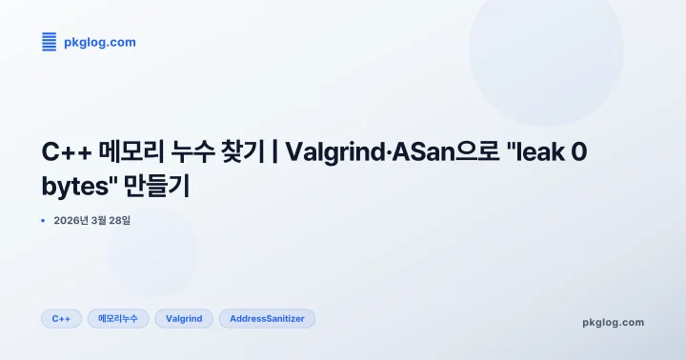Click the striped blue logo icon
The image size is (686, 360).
tap(50, 42)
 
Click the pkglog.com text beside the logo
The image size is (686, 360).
tap(99, 42)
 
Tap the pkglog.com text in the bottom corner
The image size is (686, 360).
tap(613, 322)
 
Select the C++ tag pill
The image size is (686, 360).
tap(61, 318)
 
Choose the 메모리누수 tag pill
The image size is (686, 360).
tap(118, 318)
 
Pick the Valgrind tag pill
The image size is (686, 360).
tap(184, 318)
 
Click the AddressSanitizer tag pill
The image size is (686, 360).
tap(267, 318)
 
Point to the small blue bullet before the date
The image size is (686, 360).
tap(43, 220)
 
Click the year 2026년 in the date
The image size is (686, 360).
tap(71, 220)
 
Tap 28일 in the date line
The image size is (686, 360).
tap(120, 220)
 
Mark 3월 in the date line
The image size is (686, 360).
tap(98, 220)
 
